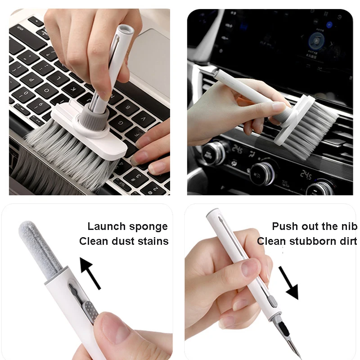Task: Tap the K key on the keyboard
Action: (x=73, y=89)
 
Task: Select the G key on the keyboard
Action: (x=121, y=123)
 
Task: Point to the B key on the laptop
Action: (x=128, y=108)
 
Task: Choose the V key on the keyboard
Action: (x=144, y=119)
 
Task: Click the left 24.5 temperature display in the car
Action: (x=237, y=150)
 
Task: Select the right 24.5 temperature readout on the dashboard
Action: (x=306, y=175)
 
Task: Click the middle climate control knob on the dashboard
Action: (x=262, y=174)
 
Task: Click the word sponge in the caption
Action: (x=148, y=227)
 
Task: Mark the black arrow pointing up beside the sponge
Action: (x=90, y=273)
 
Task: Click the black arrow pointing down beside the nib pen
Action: (x=289, y=283)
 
